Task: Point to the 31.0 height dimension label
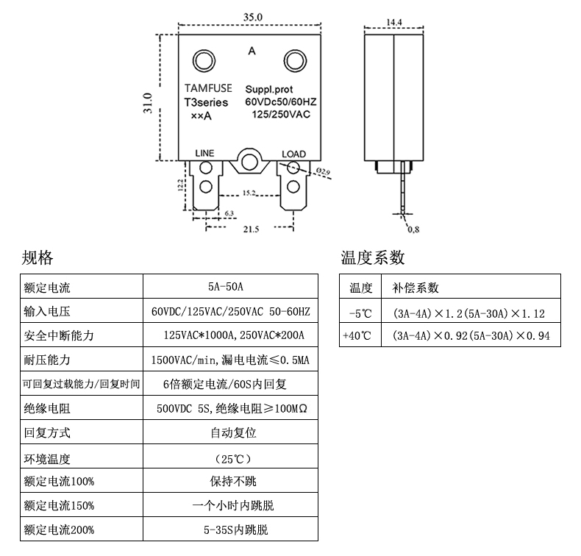(148, 102)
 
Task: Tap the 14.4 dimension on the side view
(394, 23)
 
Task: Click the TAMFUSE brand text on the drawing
(207, 88)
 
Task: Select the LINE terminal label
(204, 153)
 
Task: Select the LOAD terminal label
(293, 154)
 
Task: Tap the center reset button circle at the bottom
(250, 160)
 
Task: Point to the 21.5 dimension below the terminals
(251, 229)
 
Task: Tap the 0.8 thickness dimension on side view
(413, 229)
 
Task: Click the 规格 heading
(38, 257)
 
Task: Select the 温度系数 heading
(373, 257)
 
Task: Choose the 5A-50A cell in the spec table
(230, 287)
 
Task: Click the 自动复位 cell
(230, 432)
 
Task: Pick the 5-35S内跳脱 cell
(230, 530)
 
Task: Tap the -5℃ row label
(361, 313)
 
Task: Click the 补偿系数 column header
(416, 288)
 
